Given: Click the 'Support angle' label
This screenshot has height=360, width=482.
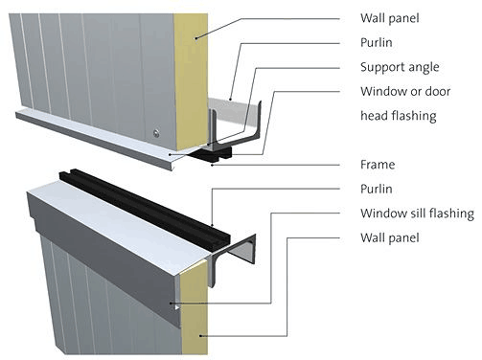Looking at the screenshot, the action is (x=400, y=67).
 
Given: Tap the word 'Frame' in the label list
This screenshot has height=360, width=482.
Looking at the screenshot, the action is (x=378, y=165).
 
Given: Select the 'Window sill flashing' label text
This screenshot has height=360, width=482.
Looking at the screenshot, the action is (x=417, y=214).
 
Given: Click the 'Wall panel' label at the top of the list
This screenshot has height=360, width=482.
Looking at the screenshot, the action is (x=390, y=18).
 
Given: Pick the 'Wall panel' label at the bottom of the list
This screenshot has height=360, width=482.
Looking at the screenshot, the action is (x=390, y=237).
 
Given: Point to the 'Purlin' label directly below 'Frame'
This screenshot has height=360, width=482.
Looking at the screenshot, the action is (x=377, y=189).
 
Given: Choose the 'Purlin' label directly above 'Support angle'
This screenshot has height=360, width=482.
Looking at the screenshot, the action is (x=377, y=43).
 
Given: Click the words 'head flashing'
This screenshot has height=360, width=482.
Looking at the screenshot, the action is (x=399, y=116).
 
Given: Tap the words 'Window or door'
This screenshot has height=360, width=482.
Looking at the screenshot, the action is (x=405, y=92).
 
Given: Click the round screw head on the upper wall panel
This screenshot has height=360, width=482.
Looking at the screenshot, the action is (x=156, y=133).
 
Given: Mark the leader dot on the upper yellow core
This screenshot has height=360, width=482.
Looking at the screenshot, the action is (x=196, y=38).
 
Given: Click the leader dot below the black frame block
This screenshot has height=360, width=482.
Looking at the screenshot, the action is (x=212, y=166).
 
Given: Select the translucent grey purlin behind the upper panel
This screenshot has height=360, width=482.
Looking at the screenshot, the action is (x=233, y=112).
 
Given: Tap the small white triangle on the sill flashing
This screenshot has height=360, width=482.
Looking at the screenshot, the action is (x=177, y=307).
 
